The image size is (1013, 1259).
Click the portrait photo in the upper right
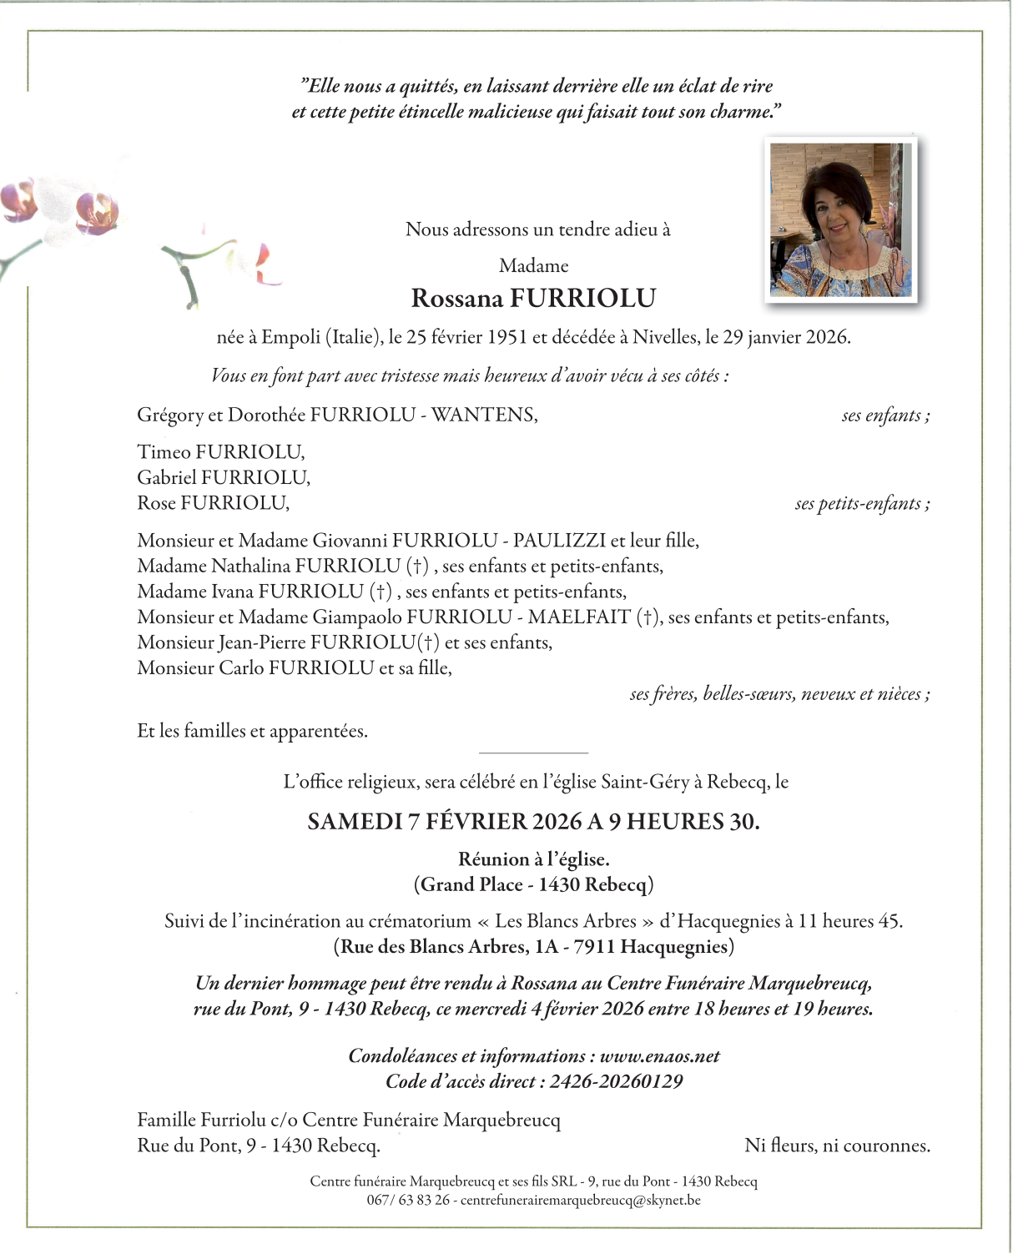pyautogui.click(x=840, y=219)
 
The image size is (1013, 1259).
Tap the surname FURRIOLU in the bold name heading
pyautogui.click(x=582, y=299)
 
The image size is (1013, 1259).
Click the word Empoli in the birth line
pyautogui.click(x=290, y=338)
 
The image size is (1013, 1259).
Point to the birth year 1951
pyautogui.click(x=507, y=338)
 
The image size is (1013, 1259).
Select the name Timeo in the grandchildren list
pyautogui.click(x=164, y=452)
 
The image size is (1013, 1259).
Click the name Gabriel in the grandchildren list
pyautogui.click(x=167, y=478)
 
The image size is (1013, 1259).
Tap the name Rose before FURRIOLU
pyautogui.click(x=156, y=503)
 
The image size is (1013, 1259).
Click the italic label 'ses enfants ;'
pyautogui.click(x=885, y=415)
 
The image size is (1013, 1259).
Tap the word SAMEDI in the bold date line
pyautogui.click(x=355, y=822)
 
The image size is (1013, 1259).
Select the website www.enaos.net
pyautogui.click(x=659, y=1056)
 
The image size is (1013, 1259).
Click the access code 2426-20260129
pyautogui.click(x=616, y=1082)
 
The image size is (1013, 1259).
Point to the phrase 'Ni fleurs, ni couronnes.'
pyautogui.click(x=837, y=1146)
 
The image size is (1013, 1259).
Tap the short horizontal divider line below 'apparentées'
pyautogui.click(x=534, y=753)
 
